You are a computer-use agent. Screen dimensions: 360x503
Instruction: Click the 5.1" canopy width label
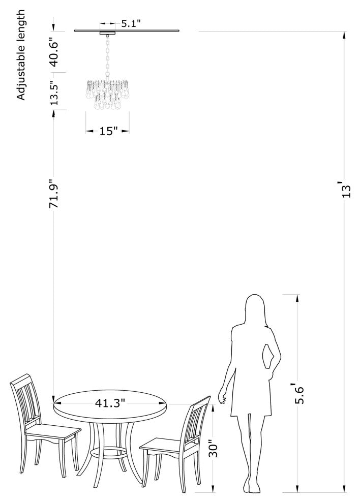click(x=131, y=24)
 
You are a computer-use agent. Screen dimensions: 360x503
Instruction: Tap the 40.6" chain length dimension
click(x=54, y=52)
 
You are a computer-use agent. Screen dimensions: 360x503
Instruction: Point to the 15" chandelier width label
click(x=108, y=131)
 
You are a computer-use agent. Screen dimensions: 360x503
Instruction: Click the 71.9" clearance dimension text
click(x=54, y=193)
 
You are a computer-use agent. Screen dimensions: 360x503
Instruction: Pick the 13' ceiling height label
click(x=346, y=190)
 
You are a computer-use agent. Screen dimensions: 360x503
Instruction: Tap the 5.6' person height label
click(x=298, y=393)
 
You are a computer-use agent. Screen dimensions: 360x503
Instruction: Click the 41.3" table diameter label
click(x=110, y=402)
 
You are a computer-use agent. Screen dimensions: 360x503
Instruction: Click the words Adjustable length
click(x=20, y=54)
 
